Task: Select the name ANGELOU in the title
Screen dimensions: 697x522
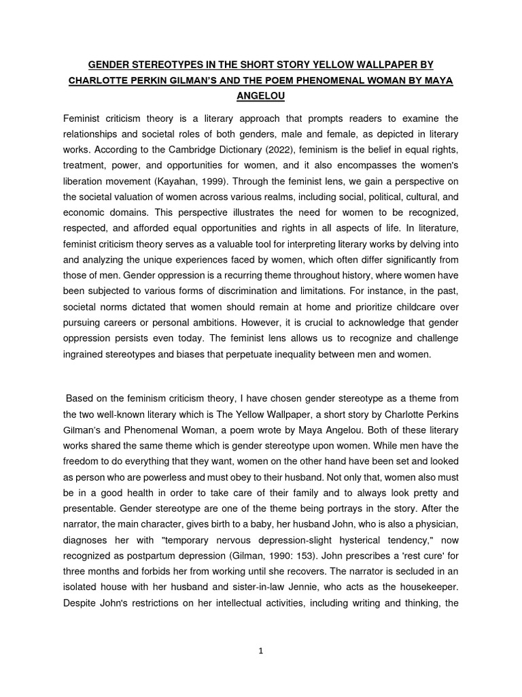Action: click(x=260, y=96)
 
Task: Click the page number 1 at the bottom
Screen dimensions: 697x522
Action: click(x=260, y=650)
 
